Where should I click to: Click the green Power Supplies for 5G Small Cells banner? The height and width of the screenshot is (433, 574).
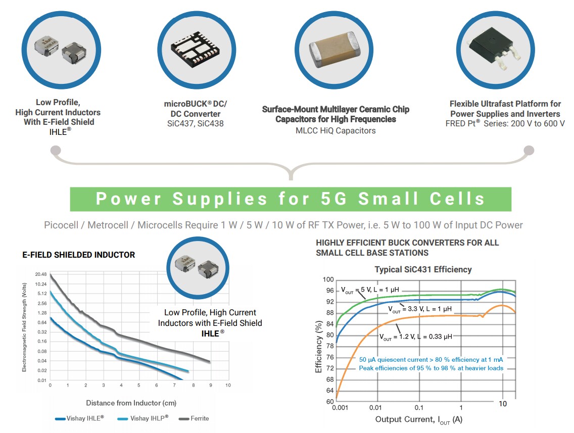click(291, 199)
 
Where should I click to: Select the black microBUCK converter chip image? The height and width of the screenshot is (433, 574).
click(196, 49)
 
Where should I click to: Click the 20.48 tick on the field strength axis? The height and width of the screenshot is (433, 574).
click(41, 274)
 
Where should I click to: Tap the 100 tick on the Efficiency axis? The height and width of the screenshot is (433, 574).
click(328, 279)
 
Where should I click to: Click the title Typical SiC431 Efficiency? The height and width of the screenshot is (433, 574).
click(423, 269)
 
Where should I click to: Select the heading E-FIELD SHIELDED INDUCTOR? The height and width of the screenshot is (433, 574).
click(79, 255)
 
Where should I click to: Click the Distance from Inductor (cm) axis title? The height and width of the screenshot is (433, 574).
click(131, 403)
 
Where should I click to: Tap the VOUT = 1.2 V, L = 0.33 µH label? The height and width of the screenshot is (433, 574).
click(415, 336)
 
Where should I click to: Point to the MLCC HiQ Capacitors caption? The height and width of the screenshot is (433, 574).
click(336, 130)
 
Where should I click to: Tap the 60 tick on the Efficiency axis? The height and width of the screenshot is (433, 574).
click(330, 402)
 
